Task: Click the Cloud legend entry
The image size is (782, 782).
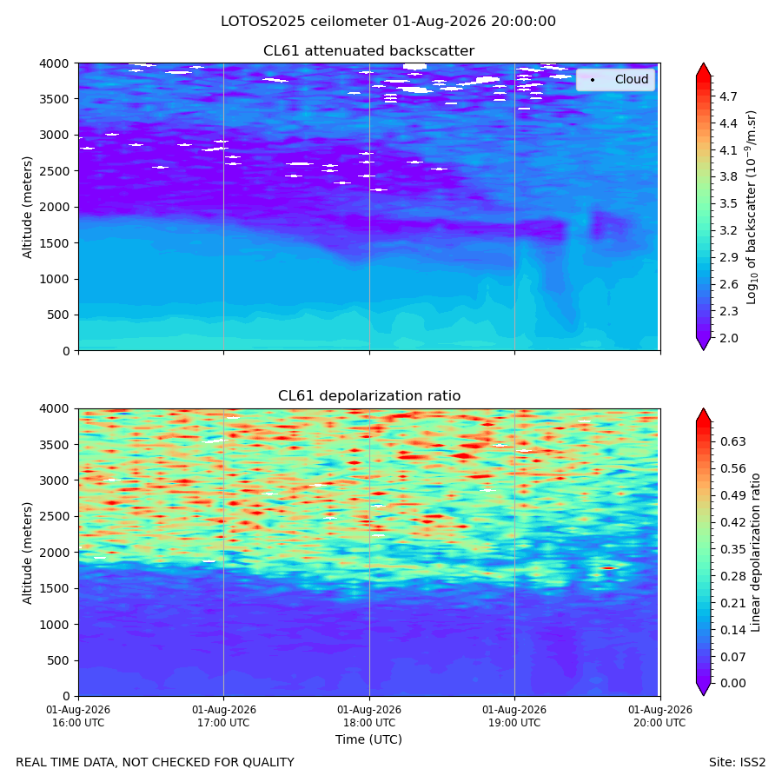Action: click(615, 79)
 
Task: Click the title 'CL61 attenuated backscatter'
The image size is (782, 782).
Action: click(368, 51)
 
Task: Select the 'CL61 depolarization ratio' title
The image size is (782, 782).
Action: click(369, 395)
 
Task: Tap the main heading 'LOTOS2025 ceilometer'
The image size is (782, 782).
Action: click(304, 22)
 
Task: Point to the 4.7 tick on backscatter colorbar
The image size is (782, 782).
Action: click(728, 96)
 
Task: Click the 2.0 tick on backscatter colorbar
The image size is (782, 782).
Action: click(728, 338)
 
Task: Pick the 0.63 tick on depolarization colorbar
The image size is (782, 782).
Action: click(733, 441)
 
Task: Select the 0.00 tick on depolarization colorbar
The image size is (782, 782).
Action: click(733, 683)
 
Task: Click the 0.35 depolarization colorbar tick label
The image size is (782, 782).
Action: click(733, 549)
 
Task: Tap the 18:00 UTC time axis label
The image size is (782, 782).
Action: click(369, 716)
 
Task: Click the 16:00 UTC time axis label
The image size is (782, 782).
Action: click(78, 716)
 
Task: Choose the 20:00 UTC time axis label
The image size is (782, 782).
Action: click(659, 716)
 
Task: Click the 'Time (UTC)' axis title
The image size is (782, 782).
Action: click(368, 739)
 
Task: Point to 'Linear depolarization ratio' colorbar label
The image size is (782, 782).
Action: click(756, 553)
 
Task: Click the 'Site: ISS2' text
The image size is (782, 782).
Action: click(737, 762)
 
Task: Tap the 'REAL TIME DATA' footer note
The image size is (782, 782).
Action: click(156, 762)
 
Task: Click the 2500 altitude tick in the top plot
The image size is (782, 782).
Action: click(56, 171)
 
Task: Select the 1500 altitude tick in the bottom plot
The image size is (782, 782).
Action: click(56, 588)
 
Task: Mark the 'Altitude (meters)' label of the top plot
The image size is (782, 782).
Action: click(27, 207)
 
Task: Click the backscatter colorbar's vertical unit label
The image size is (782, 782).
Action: click(752, 207)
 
